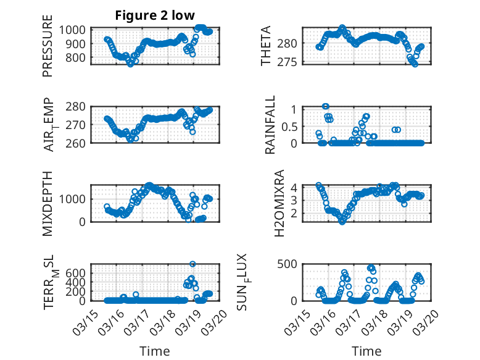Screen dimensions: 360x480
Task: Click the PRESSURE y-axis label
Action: (x=48, y=51)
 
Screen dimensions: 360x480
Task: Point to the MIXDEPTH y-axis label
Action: (x=48, y=203)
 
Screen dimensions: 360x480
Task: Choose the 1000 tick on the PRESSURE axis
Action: (x=75, y=30)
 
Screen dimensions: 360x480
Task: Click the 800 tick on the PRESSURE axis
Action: (x=78, y=58)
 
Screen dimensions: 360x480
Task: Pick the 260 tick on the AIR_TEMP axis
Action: (x=78, y=143)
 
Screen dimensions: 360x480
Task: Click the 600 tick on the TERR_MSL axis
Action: (x=78, y=272)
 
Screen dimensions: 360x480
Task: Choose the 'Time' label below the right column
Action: (x=366, y=351)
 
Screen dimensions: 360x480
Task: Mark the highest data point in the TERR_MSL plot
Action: (x=192, y=264)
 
